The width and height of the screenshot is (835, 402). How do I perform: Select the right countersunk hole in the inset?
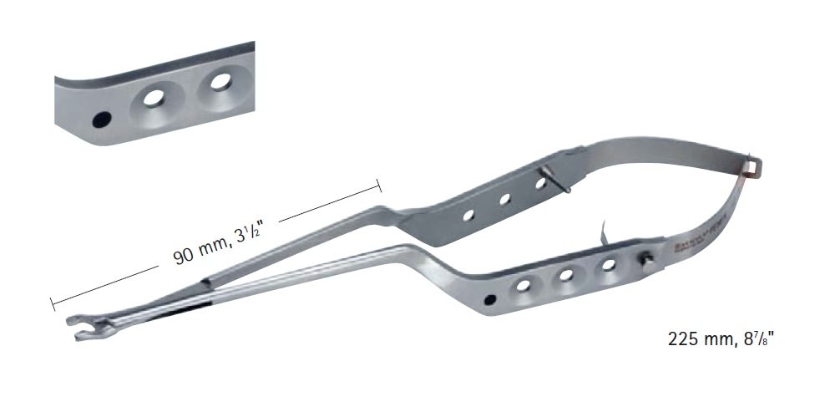[x=221, y=82]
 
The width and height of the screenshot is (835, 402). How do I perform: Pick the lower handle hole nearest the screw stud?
[x=609, y=266]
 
